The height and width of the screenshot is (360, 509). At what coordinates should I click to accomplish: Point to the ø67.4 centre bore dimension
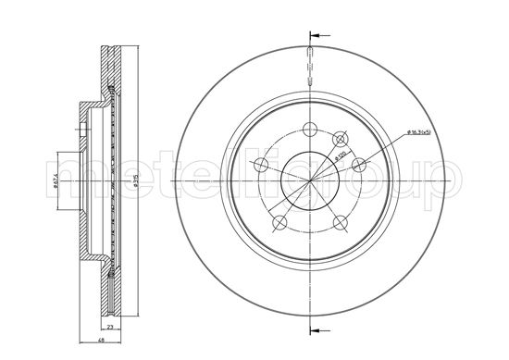tap(56, 177)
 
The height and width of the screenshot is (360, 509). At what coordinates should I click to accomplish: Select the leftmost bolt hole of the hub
tap(260, 166)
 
